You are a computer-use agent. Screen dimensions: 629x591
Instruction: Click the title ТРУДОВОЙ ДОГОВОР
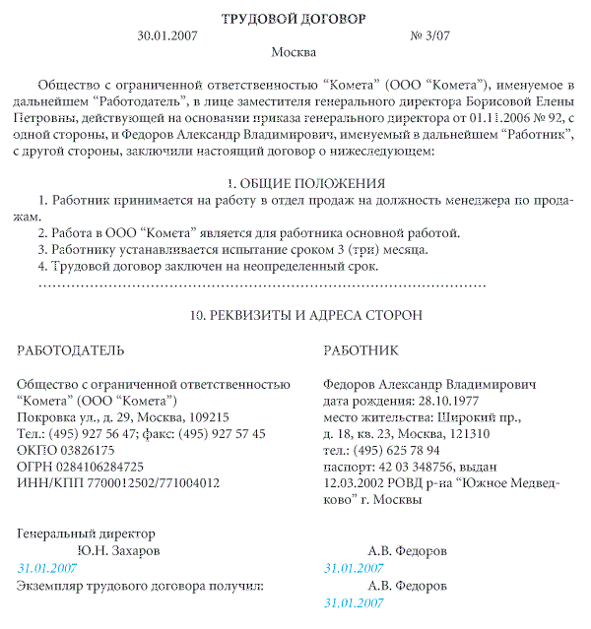pos(295,19)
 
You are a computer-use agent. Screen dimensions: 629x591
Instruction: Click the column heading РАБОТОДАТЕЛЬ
pos(72,349)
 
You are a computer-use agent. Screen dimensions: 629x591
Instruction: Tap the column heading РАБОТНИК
pos(361,349)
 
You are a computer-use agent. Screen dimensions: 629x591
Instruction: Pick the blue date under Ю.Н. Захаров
pos(48,568)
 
